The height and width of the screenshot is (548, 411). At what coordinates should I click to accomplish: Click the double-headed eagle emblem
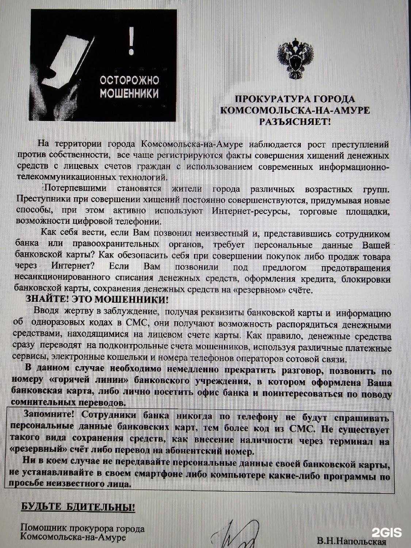coord(296,60)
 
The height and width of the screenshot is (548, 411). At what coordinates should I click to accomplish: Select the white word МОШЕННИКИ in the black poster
coord(129,93)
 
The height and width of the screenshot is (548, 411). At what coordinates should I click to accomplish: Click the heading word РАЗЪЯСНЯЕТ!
coord(294,122)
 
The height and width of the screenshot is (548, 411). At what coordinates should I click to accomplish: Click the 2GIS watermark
coord(387,532)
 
